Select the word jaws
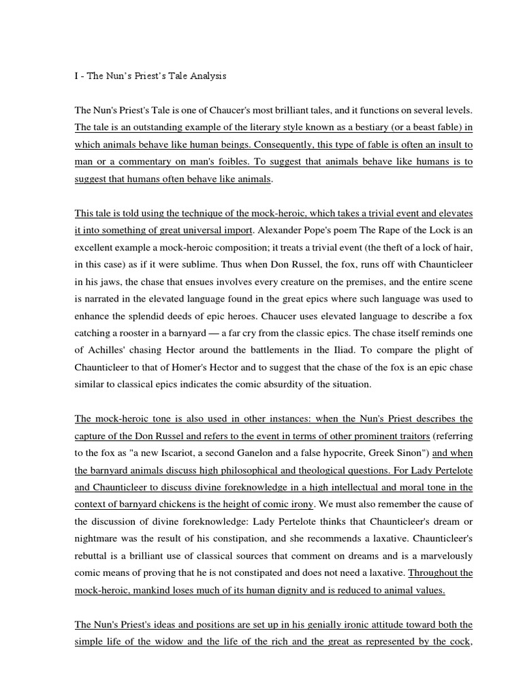[x=101, y=282]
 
